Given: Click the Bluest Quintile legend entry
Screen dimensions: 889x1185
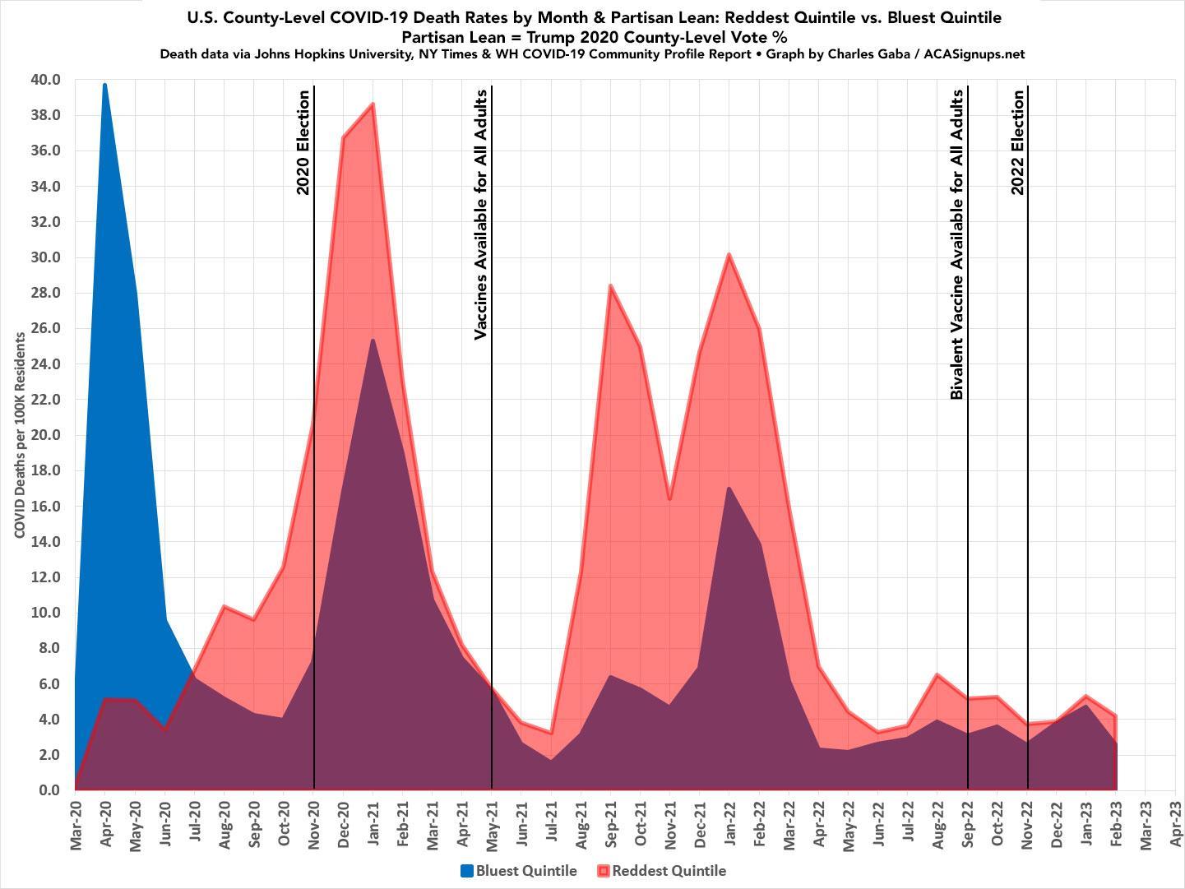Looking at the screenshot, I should tap(519, 871).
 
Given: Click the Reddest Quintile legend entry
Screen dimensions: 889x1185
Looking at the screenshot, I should tap(662, 871).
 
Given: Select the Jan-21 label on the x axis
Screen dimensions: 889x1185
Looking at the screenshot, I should tap(373, 823).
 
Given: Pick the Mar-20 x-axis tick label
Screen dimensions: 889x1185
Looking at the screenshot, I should tap(76, 823).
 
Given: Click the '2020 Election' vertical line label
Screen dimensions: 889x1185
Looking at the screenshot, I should tap(303, 142).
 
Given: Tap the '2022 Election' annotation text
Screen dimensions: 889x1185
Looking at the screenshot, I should tap(1017, 142).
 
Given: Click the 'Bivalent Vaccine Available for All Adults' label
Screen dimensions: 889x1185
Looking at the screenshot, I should tap(957, 245).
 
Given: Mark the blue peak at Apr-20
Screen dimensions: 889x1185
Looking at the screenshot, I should tap(104, 84).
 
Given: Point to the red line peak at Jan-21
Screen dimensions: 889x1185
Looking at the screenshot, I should tap(373, 104).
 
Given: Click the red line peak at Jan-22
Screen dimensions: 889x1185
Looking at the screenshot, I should tap(729, 254).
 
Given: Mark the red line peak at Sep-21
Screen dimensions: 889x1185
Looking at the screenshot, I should tap(610, 285).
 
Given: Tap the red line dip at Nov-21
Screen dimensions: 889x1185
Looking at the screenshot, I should tap(669, 499).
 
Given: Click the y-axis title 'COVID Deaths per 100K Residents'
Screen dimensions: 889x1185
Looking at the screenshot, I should tap(20, 436).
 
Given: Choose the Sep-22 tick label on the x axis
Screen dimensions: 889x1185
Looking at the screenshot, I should tap(968, 823).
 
